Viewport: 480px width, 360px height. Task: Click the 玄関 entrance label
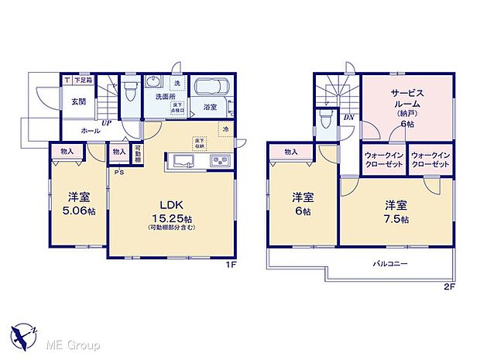[79, 101]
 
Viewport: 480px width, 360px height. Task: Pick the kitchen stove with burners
[219, 162]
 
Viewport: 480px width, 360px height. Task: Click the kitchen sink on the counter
[184, 162]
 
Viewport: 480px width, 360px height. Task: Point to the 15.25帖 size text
[172, 218]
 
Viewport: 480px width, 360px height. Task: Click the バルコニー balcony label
[393, 264]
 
